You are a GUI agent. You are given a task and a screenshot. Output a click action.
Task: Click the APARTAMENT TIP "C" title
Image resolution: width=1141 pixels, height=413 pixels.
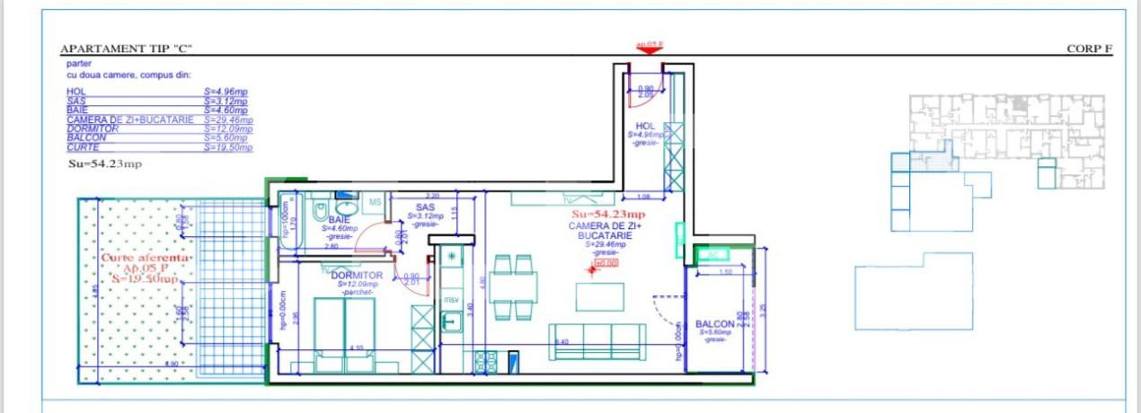tap(126, 49)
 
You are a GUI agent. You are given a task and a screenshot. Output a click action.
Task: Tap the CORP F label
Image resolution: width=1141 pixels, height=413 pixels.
tap(1089, 49)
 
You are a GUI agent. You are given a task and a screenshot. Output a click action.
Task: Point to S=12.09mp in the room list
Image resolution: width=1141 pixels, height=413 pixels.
tap(228, 128)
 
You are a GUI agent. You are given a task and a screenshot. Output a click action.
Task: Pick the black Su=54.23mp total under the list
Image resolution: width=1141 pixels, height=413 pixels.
tap(105, 164)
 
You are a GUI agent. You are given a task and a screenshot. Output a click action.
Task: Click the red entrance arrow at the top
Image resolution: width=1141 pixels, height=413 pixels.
tap(649, 50)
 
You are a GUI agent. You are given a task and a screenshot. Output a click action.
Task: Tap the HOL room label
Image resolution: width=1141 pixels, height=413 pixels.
tap(644, 127)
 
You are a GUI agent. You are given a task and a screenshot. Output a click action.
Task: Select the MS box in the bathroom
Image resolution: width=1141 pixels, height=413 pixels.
tap(376, 203)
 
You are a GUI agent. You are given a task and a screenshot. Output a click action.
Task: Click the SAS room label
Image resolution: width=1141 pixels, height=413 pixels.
tap(425, 207)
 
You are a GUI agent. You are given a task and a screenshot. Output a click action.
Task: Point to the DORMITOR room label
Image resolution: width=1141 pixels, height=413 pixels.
tap(357, 276)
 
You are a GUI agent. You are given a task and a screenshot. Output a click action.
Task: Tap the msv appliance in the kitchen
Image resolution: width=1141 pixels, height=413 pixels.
tap(451, 299)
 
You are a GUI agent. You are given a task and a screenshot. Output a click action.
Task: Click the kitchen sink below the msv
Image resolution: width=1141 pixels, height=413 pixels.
tap(451, 322)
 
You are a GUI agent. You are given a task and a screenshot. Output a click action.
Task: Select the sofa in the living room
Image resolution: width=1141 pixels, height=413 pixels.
tap(597, 342)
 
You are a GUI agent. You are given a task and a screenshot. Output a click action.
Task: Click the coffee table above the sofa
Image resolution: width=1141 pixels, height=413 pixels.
tap(599, 297)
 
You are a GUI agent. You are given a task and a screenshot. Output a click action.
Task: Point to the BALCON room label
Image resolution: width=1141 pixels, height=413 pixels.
tap(715, 324)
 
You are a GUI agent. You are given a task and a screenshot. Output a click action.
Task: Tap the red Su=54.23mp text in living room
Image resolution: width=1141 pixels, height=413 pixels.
tap(608, 215)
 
